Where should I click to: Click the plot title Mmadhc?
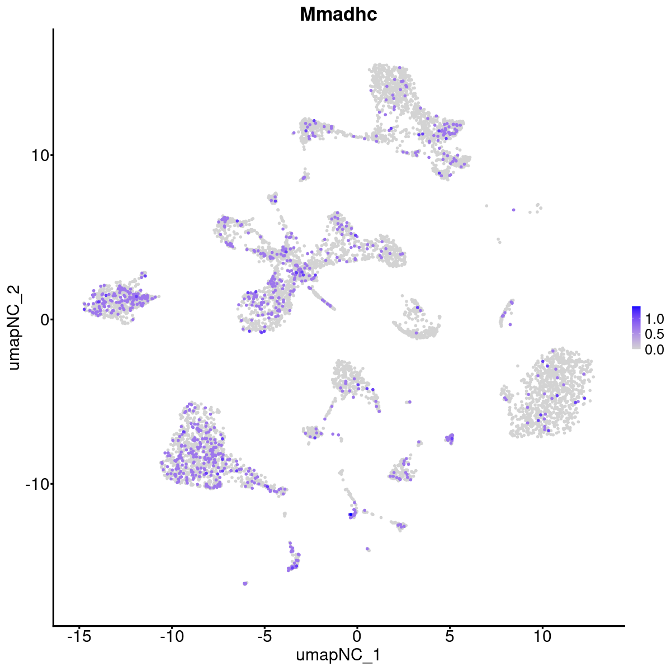pyautogui.click(x=338, y=15)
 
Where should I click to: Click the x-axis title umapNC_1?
pyautogui.click(x=338, y=655)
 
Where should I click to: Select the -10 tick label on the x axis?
pyautogui.click(x=172, y=636)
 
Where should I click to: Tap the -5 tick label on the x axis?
pyautogui.click(x=264, y=636)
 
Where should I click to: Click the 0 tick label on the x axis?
pyautogui.click(x=357, y=636)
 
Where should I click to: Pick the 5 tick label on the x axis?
pyautogui.click(x=450, y=636)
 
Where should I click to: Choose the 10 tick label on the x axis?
pyautogui.click(x=542, y=636)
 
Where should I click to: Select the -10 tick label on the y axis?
pyautogui.click(x=36, y=484)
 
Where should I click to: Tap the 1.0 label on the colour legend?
pyautogui.click(x=654, y=319)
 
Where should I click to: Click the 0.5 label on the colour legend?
pyautogui.click(x=654, y=334)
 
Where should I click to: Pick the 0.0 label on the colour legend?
pyautogui.click(x=654, y=349)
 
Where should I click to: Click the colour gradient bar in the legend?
pyautogui.click(x=636, y=328)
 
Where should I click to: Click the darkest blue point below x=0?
pyautogui.click(x=351, y=514)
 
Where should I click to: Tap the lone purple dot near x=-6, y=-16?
pyautogui.click(x=245, y=583)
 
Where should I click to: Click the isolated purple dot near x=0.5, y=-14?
pyautogui.click(x=367, y=549)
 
